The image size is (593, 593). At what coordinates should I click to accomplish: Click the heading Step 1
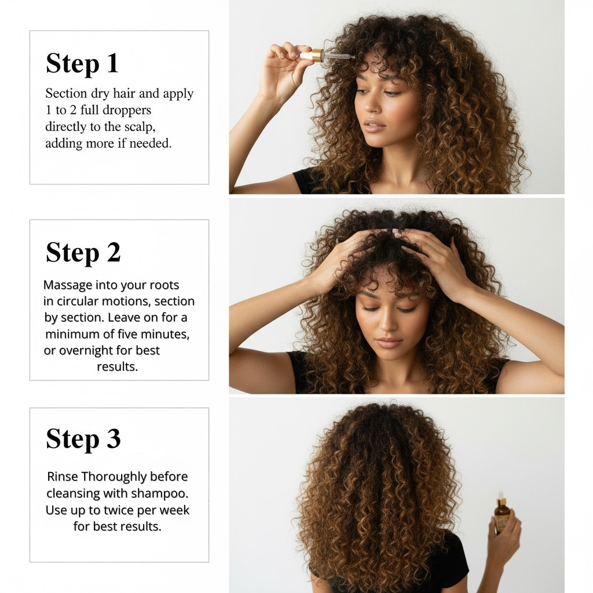coord(82,63)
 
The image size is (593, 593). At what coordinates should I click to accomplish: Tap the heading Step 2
coord(83,252)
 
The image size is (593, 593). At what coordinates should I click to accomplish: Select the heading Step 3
coord(83,438)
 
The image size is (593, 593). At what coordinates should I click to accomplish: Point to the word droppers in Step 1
coord(125,110)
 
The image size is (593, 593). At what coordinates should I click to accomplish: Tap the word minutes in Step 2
coord(165,335)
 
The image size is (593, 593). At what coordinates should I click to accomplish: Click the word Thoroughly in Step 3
coord(114,477)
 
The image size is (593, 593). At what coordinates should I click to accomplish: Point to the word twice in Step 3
coord(121,510)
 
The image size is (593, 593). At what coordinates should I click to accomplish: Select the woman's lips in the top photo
coord(374,126)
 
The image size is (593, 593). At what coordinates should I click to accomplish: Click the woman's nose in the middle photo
coord(390,327)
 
